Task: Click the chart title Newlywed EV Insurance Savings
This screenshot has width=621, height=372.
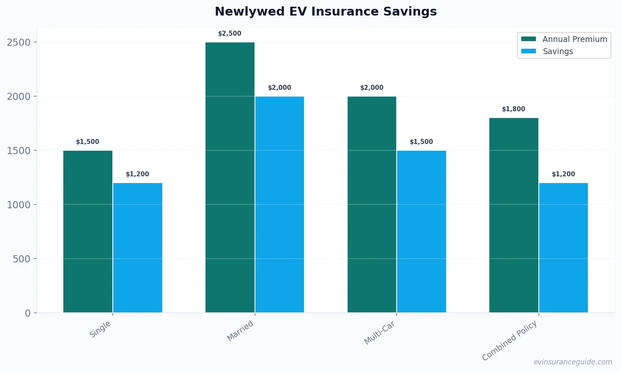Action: coord(325,12)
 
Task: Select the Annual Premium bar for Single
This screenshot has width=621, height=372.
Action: coord(88,231)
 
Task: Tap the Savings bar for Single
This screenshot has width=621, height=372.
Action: coord(138,248)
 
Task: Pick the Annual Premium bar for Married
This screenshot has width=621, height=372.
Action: coord(230,177)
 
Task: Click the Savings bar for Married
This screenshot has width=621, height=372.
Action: coord(279,204)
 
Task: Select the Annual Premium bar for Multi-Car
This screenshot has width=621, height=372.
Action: coord(372,204)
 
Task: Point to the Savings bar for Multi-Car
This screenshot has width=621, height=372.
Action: coord(421,231)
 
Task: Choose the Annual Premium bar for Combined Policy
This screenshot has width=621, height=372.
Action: coord(514,215)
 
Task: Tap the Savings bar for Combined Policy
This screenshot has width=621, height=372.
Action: coord(563,248)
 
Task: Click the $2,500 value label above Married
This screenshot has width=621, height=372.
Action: coord(230,34)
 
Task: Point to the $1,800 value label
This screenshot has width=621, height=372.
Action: coord(514,109)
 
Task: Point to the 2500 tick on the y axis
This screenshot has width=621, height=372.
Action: coord(19,42)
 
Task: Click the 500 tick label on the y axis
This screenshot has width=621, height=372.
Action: coord(21,259)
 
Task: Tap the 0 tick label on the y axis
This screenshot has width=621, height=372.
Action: coord(28,313)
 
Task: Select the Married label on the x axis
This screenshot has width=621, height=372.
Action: coord(240,330)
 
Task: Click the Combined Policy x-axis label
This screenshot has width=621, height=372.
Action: coord(509,341)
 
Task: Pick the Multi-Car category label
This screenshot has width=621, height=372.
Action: coord(379,333)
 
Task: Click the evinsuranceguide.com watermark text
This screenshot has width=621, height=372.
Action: coord(572,362)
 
